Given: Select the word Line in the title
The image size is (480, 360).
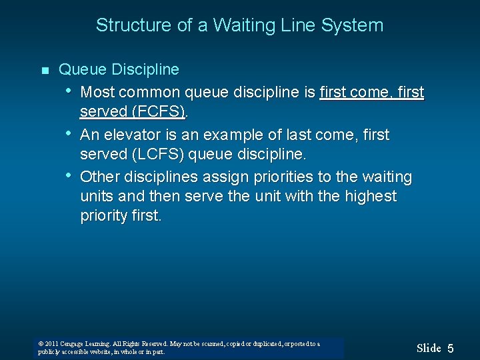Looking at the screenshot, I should [x=293, y=25].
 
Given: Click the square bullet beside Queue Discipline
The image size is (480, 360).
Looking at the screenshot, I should [x=44, y=71].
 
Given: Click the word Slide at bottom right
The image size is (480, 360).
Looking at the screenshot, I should [x=429, y=348].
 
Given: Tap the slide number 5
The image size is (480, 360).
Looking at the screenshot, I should [x=451, y=349].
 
